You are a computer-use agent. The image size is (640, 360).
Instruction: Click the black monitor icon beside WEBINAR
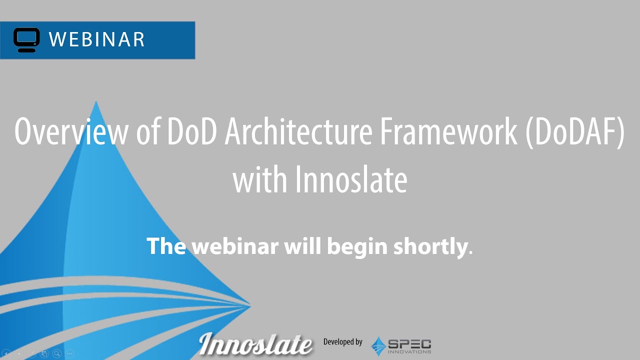pos(26,40)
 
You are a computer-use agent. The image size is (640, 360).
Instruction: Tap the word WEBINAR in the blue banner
pos(96,39)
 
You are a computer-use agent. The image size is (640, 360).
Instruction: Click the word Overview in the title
pos(71,131)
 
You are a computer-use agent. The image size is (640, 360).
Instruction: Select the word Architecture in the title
pos(298,131)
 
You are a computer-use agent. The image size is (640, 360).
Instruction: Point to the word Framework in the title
pos(449,131)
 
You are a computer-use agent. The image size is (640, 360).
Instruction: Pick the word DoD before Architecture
pos(191,131)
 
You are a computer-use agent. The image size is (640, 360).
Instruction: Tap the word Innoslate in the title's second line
pos(351,179)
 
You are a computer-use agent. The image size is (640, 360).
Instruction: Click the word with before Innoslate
pos(260,179)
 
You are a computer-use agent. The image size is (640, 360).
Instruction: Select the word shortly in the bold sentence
pos(430,246)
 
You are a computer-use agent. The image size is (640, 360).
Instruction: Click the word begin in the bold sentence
pos(357,247)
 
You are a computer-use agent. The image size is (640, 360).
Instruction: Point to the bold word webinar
pos(235,246)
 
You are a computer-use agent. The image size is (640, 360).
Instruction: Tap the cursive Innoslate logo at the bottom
pos(255,343)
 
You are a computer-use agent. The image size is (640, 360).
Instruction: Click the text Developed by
pos(343,341)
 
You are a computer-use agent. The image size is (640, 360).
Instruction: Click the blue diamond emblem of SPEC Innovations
pos(378,346)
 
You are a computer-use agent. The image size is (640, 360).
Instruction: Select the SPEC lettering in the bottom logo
pos(409,343)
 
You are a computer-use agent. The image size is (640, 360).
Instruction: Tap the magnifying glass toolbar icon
pos(57,353)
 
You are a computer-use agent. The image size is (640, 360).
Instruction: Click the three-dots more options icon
pos(69,353)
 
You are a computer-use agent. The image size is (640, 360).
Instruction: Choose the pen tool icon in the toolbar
pos(31,353)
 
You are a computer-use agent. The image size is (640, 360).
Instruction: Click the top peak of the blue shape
pos(96,101)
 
